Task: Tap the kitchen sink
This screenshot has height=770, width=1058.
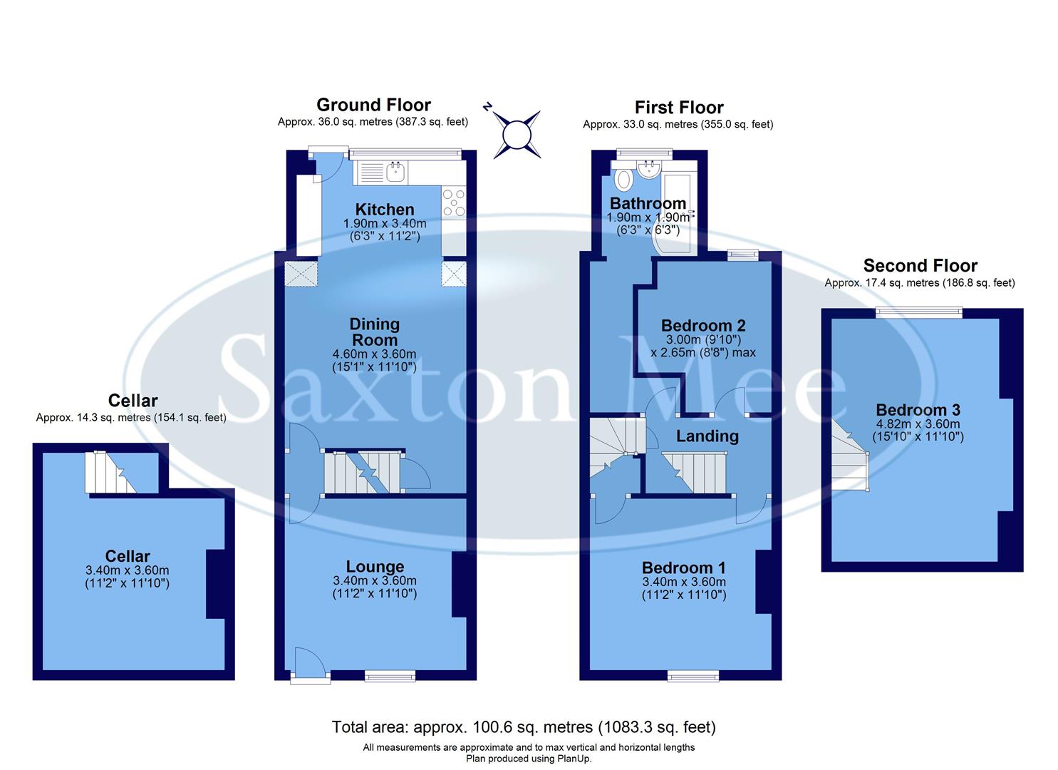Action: pyautogui.click(x=395, y=171)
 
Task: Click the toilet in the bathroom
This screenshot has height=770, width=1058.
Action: pyautogui.click(x=623, y=179)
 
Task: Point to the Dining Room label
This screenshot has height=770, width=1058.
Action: pyautogui.click(x=375, y=332)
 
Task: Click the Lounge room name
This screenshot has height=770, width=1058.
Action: pyautogui.click(x=375, y=567)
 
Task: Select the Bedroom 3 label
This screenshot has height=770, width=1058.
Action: pyautogui.click(x=918, y=410)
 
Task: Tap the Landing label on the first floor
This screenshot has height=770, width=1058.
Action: pyautogui.click(x=707, y=436)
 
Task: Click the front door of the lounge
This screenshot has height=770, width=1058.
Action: pyautogui.click(x=310, y=664)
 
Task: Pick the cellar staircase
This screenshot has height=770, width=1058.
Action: pyautogui.click(x=110, y=472)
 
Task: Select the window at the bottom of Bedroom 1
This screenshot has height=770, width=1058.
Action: pyautogui.click(x=693, y=676)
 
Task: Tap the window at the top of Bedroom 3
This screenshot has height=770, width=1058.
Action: pyautogui.click(x=918, y=312)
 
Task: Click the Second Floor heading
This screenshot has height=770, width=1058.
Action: pyautogui.click(x=920, y=266)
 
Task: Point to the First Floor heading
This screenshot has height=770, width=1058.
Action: pyautogui.click(x=678, y=108)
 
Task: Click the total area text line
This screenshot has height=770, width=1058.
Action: pyautogui.click(x=524, y=727)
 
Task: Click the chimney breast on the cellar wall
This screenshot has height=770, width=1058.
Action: pyautogui.click(x=215, y=584)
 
